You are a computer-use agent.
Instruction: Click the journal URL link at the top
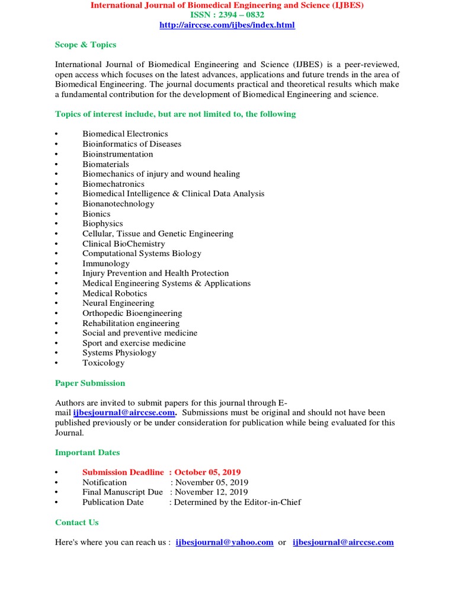click(x=227, y=25)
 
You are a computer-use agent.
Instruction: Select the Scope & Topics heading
click(x=85, y=44)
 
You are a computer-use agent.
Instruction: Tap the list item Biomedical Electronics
click(x=125, y=134)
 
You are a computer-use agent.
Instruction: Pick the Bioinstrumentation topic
click(x=117, y=154)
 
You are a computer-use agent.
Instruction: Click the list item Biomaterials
click(x=105, y=164)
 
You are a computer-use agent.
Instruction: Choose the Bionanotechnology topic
click(x=118, y=204)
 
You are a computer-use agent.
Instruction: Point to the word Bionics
click(x=96, y=214)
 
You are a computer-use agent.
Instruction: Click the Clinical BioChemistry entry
click(x=123, y=244)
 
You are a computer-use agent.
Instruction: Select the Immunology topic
click(x=105, y=263)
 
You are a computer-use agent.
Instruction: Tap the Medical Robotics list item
click(x=114, y=293)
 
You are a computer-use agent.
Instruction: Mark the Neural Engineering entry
click(x=118, y=303)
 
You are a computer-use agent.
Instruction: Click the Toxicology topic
click(x=103, y=363)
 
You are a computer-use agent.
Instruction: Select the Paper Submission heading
click(x=90, y=383)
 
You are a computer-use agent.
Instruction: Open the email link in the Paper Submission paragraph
click(x=124, y=413)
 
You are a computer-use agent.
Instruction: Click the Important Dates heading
click(x=87, y=452)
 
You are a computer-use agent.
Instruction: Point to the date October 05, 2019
click(x=207, y=472)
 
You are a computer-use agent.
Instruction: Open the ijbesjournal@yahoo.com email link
click(x=225, y=542)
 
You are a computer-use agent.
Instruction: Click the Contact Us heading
click(x=76, y=522)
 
